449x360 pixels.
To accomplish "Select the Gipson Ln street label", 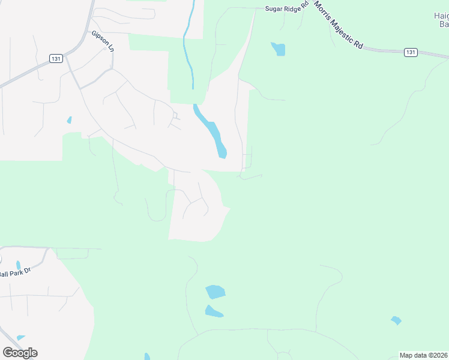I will (103, 40).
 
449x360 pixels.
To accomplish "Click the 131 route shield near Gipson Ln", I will (56, 58).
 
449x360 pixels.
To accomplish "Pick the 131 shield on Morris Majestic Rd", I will (410, 52).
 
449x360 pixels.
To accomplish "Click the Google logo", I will (20, 353).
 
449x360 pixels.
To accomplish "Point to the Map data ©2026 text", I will (424, 355).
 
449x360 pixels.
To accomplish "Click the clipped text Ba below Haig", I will (444, 25).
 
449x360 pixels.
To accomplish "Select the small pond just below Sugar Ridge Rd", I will (279, 49).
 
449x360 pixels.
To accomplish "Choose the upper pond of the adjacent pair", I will (215, 292).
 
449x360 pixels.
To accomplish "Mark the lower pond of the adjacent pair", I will (213, 311).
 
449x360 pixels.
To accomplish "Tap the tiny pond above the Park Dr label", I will (18, 265).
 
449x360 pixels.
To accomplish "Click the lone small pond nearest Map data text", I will (396, 320).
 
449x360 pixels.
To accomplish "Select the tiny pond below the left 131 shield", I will (70, 120).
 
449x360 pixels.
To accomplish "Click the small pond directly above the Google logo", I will (21, 338).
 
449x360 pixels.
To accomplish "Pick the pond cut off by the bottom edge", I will (147, 357).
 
